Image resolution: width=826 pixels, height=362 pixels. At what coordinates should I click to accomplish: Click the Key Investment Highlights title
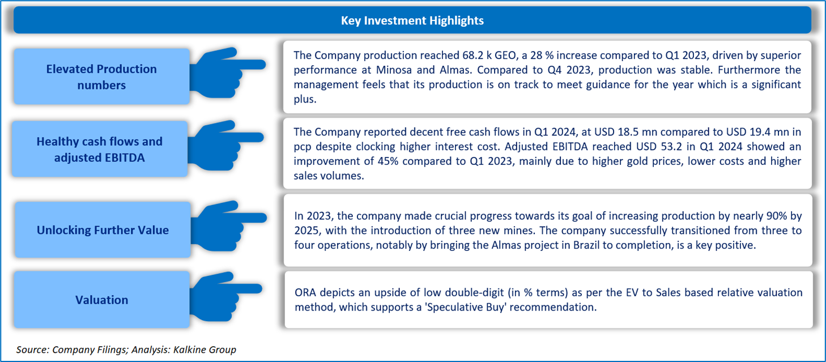coord(412,21)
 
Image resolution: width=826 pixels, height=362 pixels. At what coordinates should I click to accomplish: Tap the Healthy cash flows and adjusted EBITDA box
coord(99,150)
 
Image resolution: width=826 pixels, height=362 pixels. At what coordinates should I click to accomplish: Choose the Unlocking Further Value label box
coord(103,230)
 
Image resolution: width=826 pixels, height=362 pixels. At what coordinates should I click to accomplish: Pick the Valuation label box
coord(102,300)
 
